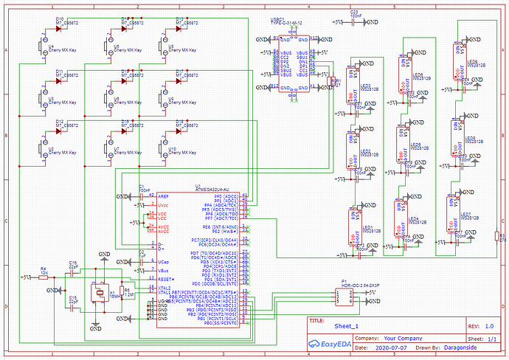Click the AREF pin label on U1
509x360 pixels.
pyautogui.click(x=163, y=195)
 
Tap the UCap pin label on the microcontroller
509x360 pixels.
pyautogui.click(x=164, y=262)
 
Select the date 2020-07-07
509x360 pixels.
pyautogui.click(x=392, y=346)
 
